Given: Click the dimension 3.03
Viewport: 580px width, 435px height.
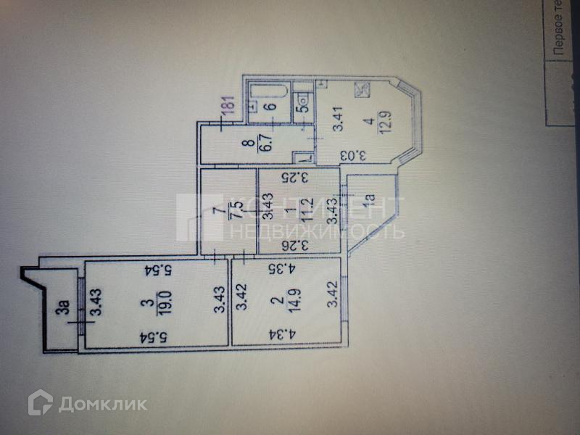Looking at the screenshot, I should pos(362,155).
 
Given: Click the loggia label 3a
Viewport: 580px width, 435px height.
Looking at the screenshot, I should pos(65,312).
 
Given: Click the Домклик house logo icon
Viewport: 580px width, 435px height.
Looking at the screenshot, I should pos(40,402).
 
